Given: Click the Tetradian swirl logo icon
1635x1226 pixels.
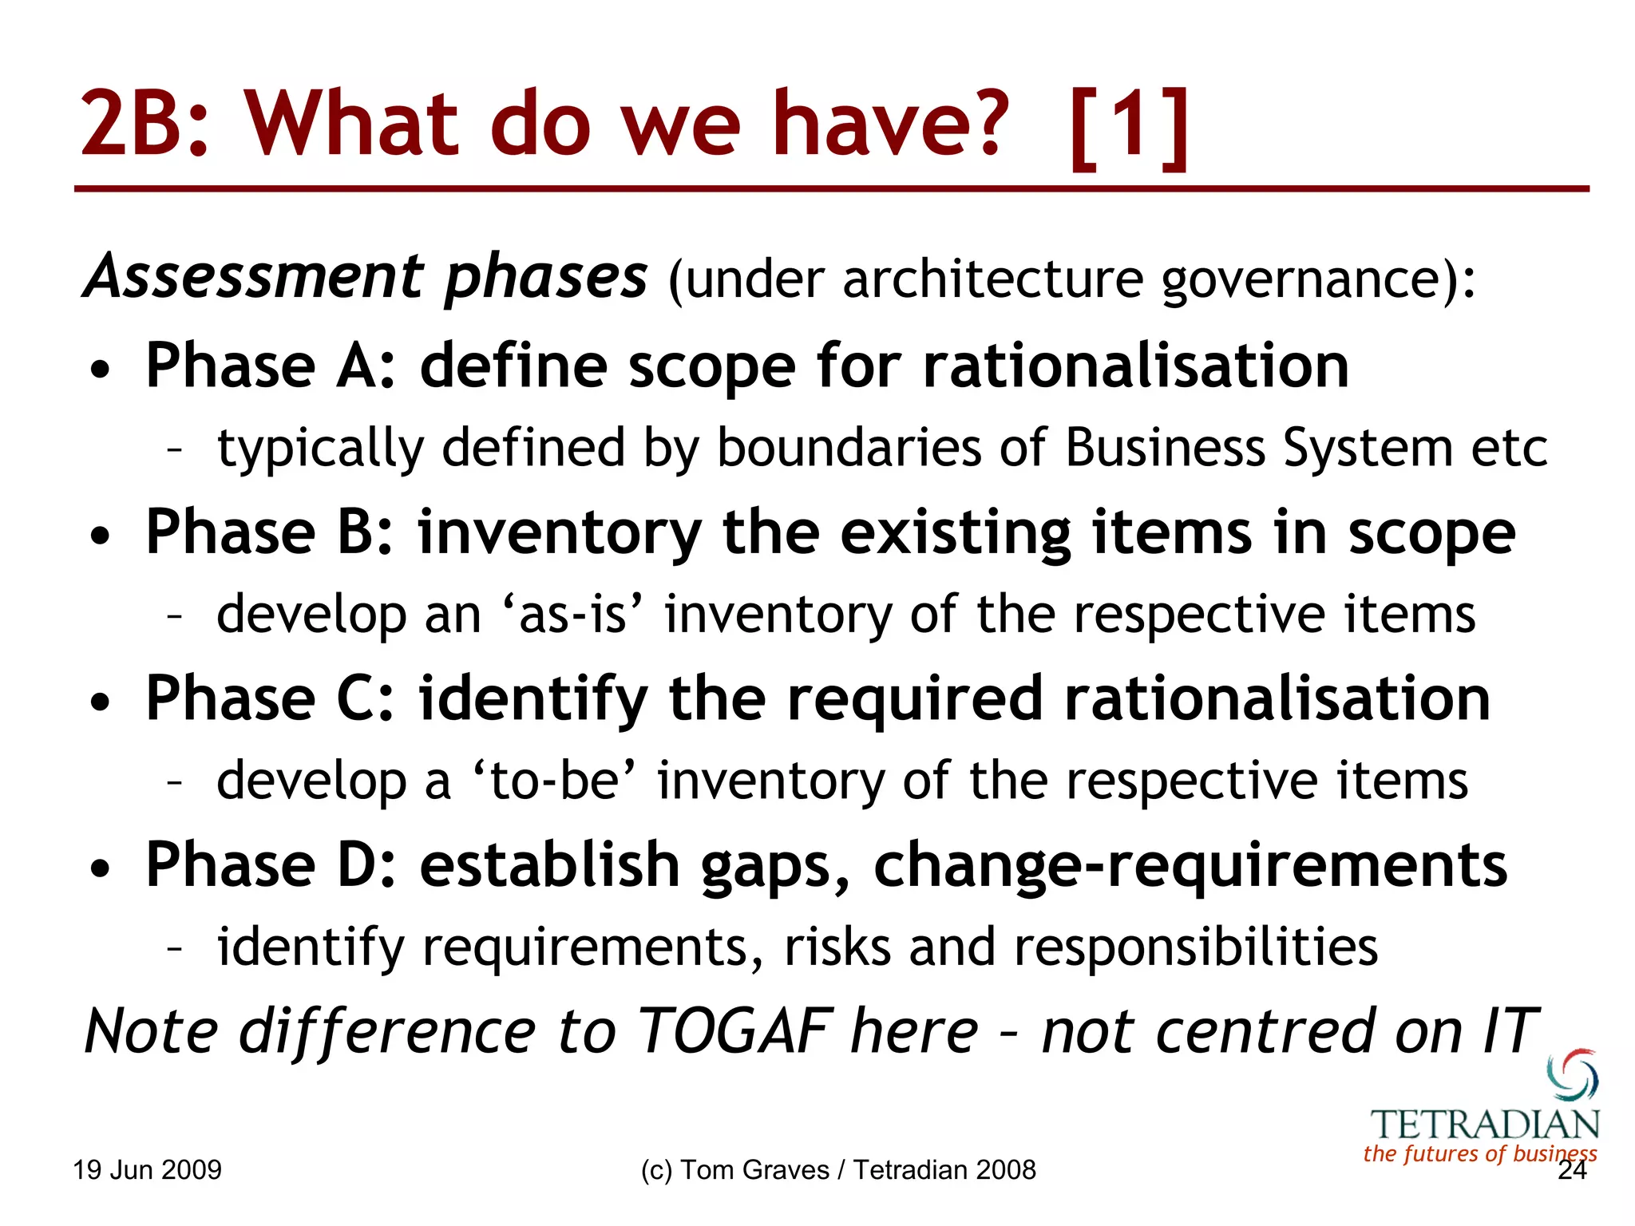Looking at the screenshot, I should coord(1573,1075).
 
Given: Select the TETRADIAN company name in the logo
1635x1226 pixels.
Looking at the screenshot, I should coord(1485,1125).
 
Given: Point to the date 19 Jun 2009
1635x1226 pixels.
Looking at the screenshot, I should coord(148,1170).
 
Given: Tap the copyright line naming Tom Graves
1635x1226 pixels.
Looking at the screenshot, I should coord(838,1170).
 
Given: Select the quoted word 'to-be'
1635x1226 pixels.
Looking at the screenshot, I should coord(554,781).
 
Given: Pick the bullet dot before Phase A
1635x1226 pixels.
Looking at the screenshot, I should coord(100,370).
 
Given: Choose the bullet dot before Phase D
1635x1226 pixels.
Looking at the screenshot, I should coord(100,868).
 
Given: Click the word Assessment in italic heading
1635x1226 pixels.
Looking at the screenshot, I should coord(254,277).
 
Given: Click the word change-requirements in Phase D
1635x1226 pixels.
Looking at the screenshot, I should coord(1190,865).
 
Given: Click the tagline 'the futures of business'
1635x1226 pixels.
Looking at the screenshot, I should coord(1479,1153).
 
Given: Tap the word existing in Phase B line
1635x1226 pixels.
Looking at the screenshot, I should coord(955,533).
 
